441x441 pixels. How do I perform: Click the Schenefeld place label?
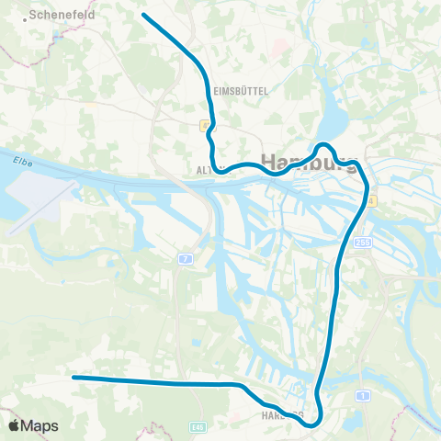point(63,16)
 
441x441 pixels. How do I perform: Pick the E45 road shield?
point(198,426)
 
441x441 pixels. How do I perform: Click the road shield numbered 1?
point(364,395)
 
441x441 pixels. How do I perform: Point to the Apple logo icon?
point(14,425)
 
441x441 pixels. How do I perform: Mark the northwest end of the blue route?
point(144,15)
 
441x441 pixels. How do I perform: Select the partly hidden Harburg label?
point(277,414)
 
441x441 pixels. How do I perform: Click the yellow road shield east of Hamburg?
point(370,200)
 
